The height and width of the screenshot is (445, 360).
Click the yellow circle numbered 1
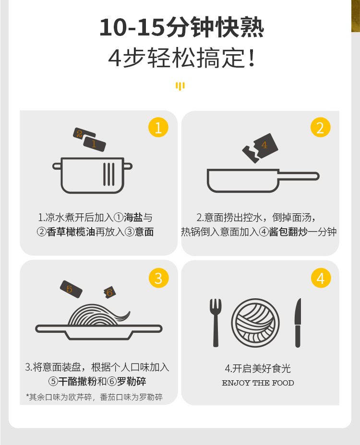click(x=158, y=127)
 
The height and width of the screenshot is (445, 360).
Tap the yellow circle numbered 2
click(x=321, y=127)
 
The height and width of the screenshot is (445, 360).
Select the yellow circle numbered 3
click(x=159, y=278)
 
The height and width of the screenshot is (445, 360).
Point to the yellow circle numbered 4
click(x=321, y=278)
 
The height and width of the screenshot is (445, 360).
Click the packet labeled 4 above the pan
click(x=265, y=146)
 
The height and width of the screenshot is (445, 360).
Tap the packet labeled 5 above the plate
click(x=71, y=289)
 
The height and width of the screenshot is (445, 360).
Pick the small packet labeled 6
click(x=109, y=293)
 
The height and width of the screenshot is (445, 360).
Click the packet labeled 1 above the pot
click(x=95, y=144)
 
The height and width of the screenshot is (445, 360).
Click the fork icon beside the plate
click(x=216, y=323)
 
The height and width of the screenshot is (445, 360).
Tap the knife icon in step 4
click(x=298, y=323)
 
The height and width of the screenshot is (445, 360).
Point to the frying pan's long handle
click(x=299, y=176)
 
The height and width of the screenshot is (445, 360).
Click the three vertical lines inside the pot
click(x=109, y=174)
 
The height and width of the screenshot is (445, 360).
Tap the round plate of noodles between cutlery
click(x=255, y=323)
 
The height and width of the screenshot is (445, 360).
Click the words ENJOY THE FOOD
click(x=258, y=383)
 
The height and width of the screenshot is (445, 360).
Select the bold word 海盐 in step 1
click(x=133, y=218)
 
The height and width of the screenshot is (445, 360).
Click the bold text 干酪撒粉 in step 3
click(x=78, y=381)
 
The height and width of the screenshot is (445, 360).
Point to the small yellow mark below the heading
click(x=180, y=86)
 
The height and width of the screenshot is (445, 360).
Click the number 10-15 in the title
click(x=132, y=27)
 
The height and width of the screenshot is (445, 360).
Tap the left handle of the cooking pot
click(x=57, y=166)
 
